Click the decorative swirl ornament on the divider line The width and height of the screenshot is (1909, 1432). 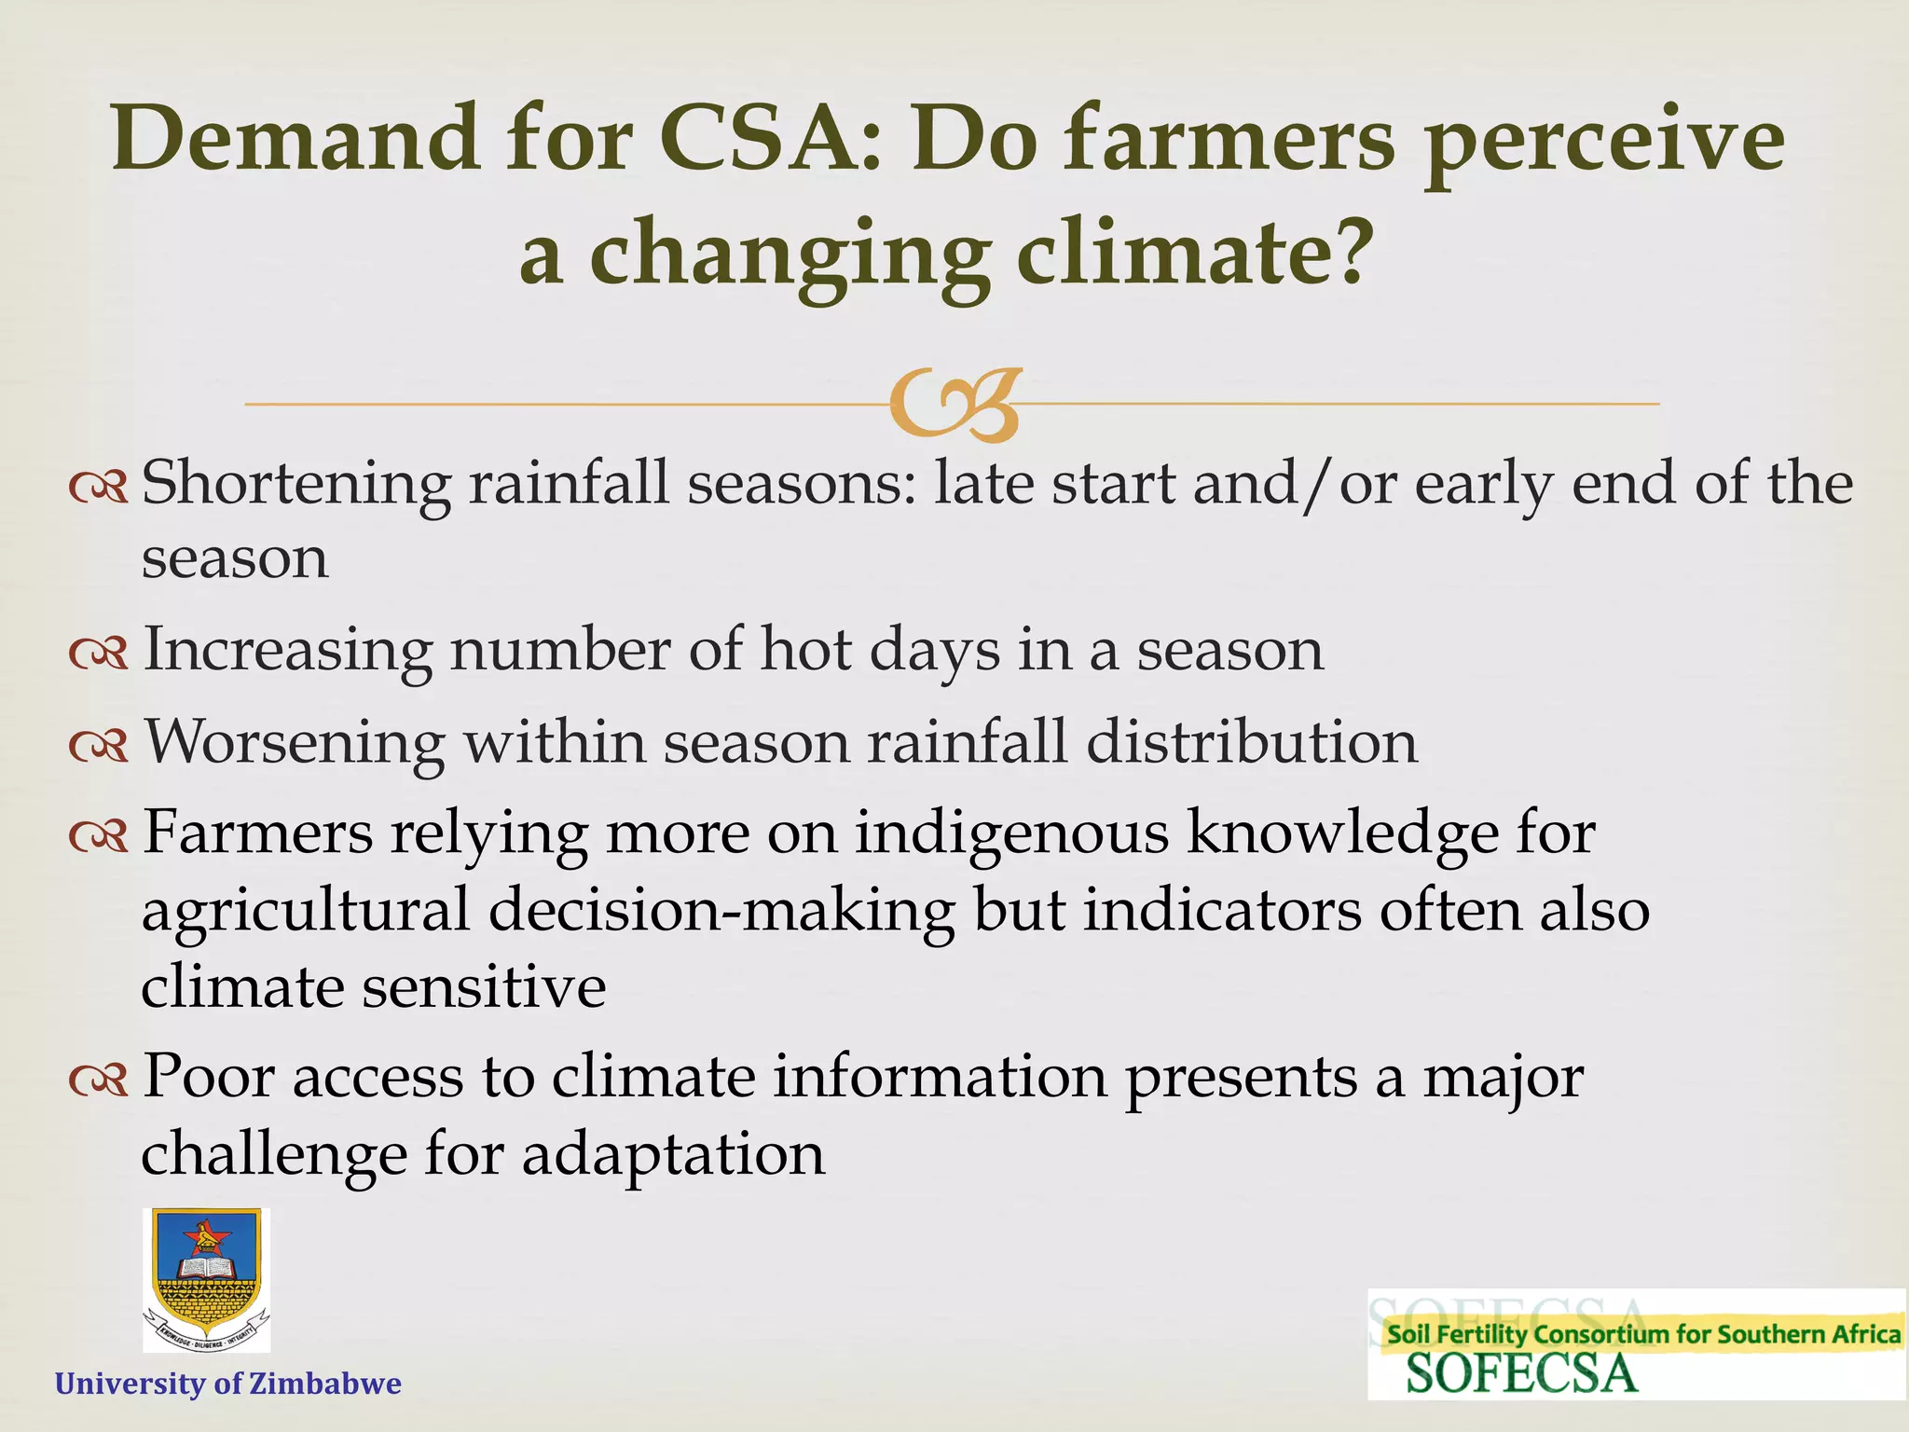(x=954, y=405)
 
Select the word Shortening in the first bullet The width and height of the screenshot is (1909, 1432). (x=295, y=485)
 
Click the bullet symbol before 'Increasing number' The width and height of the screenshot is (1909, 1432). (x=99, y=653)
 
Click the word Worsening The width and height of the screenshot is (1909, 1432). (x=295, y=743)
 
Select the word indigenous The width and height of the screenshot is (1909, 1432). (x=1011, y=833)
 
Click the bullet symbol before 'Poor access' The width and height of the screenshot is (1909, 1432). (x=99, y=1081)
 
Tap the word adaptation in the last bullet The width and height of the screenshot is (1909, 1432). (x=673, y=1154)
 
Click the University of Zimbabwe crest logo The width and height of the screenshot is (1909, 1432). (x=206, y=1280)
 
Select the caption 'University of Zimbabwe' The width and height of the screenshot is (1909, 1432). (x=228, y=1384)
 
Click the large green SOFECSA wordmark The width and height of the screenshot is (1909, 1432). (x=1520, y=1374)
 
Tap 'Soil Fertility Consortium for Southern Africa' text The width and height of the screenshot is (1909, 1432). (x=1643, y=1334)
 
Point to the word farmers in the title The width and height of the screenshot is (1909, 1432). (x=1230, y=140)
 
